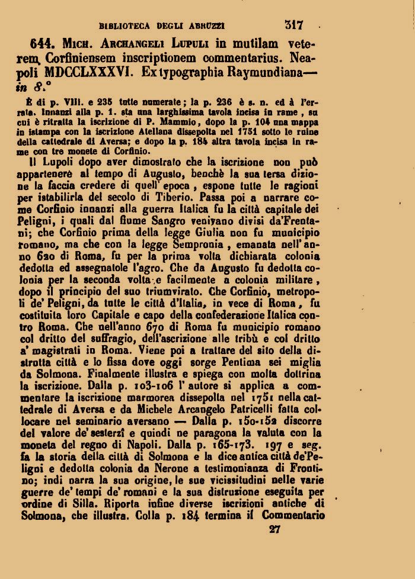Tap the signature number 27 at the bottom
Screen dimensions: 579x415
pos(273,529)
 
